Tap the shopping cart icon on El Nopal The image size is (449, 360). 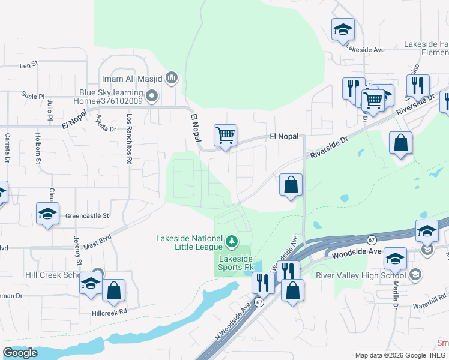click(225, 136)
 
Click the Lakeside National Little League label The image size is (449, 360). click(190, 242)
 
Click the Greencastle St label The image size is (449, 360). click(87, 215)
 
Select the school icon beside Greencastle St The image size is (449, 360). click(48, 214)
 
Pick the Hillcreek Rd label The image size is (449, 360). click(110, 312)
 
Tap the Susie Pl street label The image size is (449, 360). click(33, 96)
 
